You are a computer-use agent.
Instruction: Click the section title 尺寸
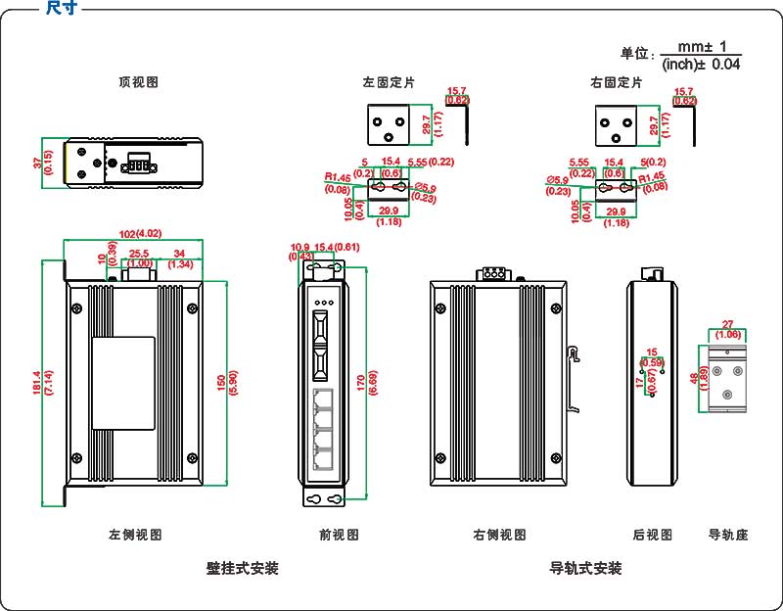(x=61, y=8)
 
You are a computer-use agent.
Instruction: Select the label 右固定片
(x=617, y=83)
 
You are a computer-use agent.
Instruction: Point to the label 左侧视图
(x=134, y=535)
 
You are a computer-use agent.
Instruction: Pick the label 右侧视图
(x=499, y=535)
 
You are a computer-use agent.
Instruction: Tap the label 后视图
(x=653, y=535)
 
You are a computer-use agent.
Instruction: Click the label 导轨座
(x=728, y=535)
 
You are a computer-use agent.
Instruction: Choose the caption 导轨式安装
(x=585, y=568)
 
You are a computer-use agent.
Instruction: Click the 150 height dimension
(x=221, y=381)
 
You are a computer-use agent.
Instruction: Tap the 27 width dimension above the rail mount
(x=727, y=324)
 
